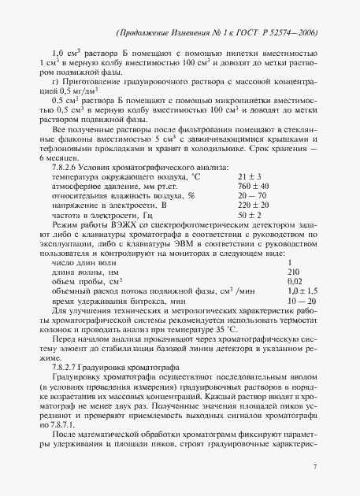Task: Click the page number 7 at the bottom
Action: (x=315, y=468)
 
